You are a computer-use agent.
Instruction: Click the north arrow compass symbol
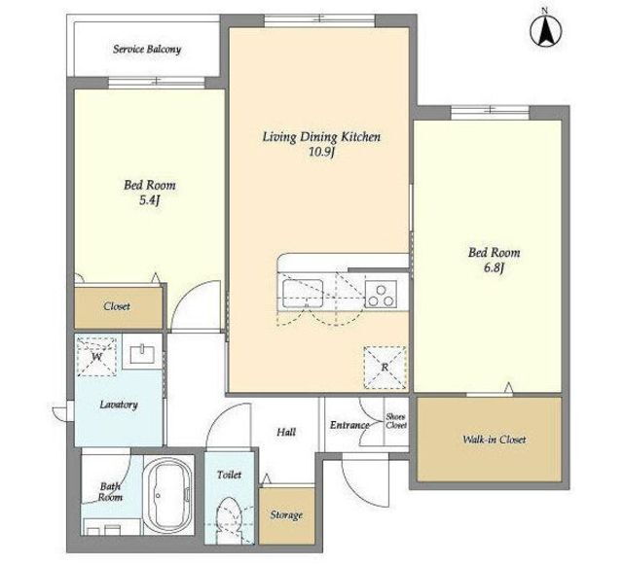coord(546,29)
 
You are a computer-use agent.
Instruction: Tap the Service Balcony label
coord(147,50)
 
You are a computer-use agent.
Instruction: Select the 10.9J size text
coord(321,152)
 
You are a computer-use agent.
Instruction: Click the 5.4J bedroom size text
coord(149,200)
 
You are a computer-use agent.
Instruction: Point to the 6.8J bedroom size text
coord(494,268)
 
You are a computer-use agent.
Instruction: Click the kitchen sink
coord(303,294)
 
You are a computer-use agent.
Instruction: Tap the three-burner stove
coord(381,294)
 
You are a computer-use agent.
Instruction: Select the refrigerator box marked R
coord(385,368)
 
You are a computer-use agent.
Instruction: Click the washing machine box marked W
coord(96,357)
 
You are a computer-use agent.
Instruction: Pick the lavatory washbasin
coord(142,354)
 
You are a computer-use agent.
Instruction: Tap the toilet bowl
coord(230,518)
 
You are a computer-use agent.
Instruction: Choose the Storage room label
coord(286,515)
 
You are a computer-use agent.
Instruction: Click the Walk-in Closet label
coord(494,440)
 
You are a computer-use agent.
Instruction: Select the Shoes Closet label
coord(396,421)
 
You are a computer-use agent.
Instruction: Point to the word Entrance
coord(348,425)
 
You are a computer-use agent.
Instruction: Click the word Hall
coord(286,432)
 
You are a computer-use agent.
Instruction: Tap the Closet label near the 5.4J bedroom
coord(117,306)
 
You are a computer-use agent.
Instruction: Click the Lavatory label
coord(119,405)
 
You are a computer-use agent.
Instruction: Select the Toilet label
coord(230,475)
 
